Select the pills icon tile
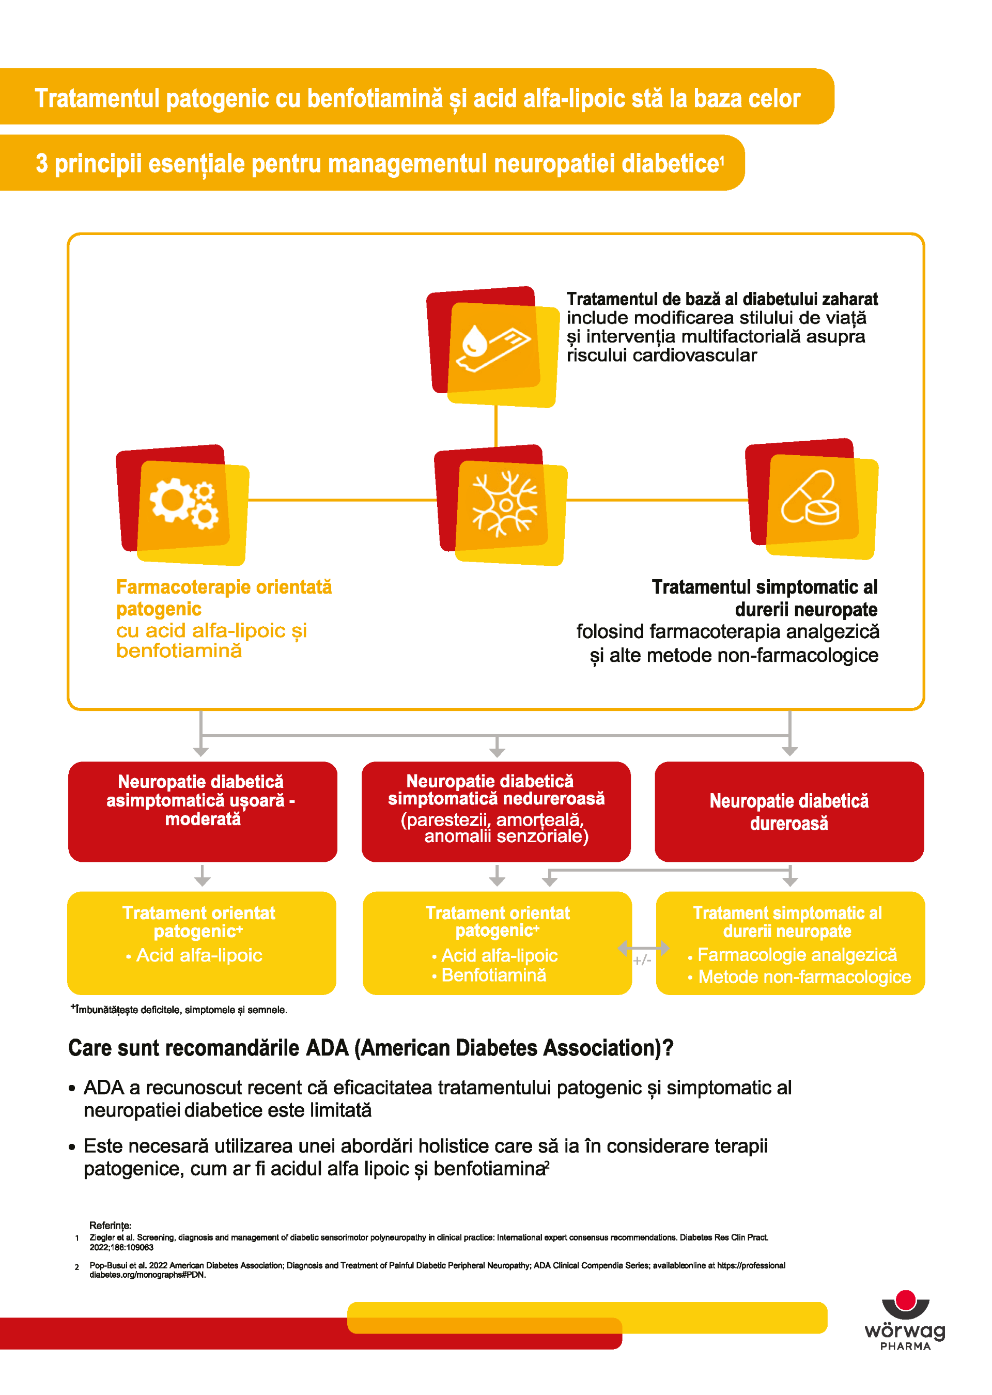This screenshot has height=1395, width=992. (811, 499)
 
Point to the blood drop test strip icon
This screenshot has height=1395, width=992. (493, 346)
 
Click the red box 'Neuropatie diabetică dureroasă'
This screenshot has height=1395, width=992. (788, 811)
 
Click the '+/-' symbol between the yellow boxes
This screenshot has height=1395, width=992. (642, 961)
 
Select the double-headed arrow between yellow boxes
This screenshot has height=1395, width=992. (643, 948)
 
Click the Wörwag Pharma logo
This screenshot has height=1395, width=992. (905, 1321)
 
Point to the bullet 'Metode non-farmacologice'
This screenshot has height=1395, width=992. (804, 977)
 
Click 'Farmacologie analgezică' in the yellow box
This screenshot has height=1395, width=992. (797, 955)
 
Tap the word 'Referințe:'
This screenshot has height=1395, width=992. (110, 1225)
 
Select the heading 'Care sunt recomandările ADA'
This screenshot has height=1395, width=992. (370, 1048)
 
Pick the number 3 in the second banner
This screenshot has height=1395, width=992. (41, 164)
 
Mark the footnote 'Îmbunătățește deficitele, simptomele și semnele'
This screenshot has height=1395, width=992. (180, 1010)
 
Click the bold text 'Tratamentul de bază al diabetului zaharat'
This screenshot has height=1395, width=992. (721, 299)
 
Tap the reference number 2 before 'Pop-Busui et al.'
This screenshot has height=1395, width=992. (77, 1267)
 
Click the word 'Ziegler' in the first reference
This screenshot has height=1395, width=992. (101, 1237)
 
